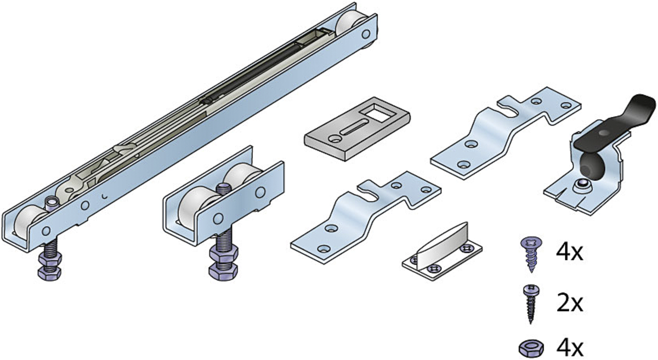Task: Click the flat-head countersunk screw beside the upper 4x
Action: [x=531, y=254]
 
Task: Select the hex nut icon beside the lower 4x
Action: [x=531, y=349]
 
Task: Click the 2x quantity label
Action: [x=569, y=304]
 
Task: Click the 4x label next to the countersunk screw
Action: [x=569, y=253]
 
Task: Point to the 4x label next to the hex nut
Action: [x=569, y=348]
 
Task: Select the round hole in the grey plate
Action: [x=334, y=138]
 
